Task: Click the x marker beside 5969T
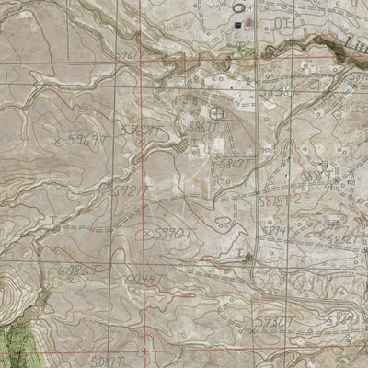(57, 142)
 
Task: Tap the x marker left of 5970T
(146, 235)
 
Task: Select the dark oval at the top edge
(239, 5)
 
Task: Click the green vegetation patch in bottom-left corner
(14, 336)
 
